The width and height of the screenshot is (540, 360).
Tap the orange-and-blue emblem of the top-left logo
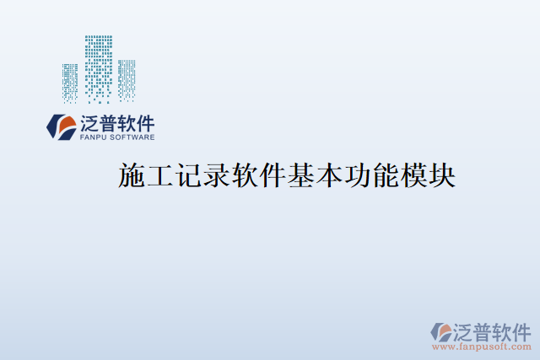point(61,126)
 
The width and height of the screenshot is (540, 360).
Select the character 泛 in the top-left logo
point(89,123)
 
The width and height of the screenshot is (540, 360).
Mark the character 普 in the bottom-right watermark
point(481,330)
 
